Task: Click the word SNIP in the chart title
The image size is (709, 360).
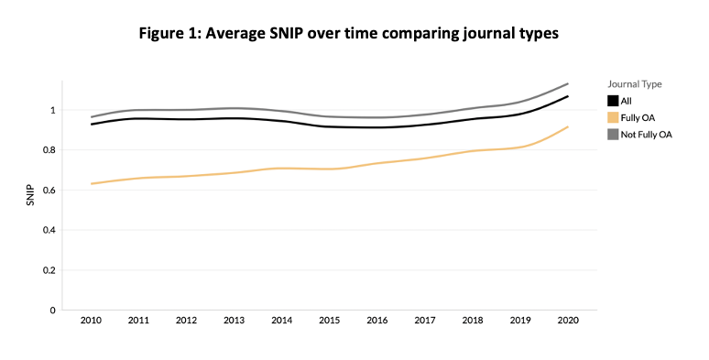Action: pyautogui.click(x=283, y=33)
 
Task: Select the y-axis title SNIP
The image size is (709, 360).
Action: pyautogui.click(x=30, y=195)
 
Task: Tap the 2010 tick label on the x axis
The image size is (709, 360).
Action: pyautogui.click(x=91, y=321)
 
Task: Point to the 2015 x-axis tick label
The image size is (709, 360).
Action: pyautogui.click(x=330, y=321)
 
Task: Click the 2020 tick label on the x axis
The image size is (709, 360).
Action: pyautogui.click(x=568, y=321)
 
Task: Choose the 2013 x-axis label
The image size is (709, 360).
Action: pyautogui.click(x=235, y=321)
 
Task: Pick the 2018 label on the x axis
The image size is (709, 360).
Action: pyautogui.click(x=473, y=321)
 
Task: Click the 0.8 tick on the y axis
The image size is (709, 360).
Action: pyautogui.click(x=50, y=150)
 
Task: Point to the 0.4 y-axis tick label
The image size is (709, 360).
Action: pyautogui.click(x=50, y=230)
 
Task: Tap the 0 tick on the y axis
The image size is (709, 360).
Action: pyautogui.click(x=53, y=311)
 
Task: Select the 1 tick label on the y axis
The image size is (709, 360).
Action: pyautogui.click(x=53, y=110)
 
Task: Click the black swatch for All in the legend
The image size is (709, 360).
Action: pyautogui.click(x=613, y=101)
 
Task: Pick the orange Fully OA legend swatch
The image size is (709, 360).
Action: pyautogui.click(x=613, y=117)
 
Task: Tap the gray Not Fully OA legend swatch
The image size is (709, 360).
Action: pyautogui.click(x=613, y=135)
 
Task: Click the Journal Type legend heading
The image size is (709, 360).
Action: pyautogui.click(x=635, y=84)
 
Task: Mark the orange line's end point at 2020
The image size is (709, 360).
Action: pyautogui.click(x=568, y=126)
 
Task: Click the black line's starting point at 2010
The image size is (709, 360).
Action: pyautogui.click(x=92, y=124)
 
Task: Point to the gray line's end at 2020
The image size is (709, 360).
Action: pyautogui.click(x=568, y=83)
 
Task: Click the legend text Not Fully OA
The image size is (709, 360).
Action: pyautogui.click(x=646, y=135)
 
